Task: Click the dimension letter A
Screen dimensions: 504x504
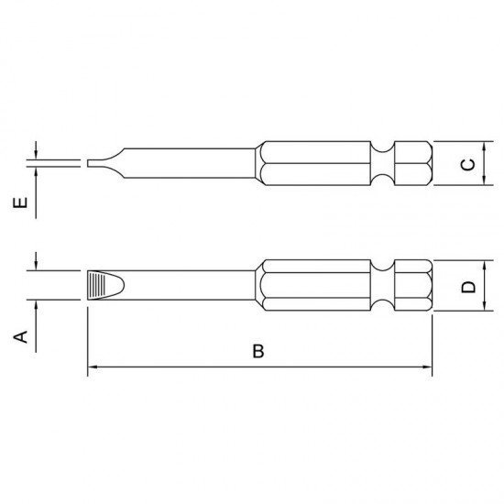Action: click(x=20, y=336)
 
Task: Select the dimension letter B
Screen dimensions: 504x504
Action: click(x=258, y=351)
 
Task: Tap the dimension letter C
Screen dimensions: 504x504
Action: click(x=468, y=164)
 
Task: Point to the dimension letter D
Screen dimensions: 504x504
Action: click(x=468, y=287)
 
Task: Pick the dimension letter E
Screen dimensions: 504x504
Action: click(x=20, y=203)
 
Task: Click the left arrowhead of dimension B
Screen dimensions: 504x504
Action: click(x=93, y=367)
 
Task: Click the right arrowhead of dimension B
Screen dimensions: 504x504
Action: click(x=427, y=367)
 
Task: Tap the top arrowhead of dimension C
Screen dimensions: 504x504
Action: click(x=484, y=147)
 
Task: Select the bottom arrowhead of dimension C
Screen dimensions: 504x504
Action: click(x=484, y=180)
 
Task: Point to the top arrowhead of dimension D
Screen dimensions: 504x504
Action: click(x=484, y=266)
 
